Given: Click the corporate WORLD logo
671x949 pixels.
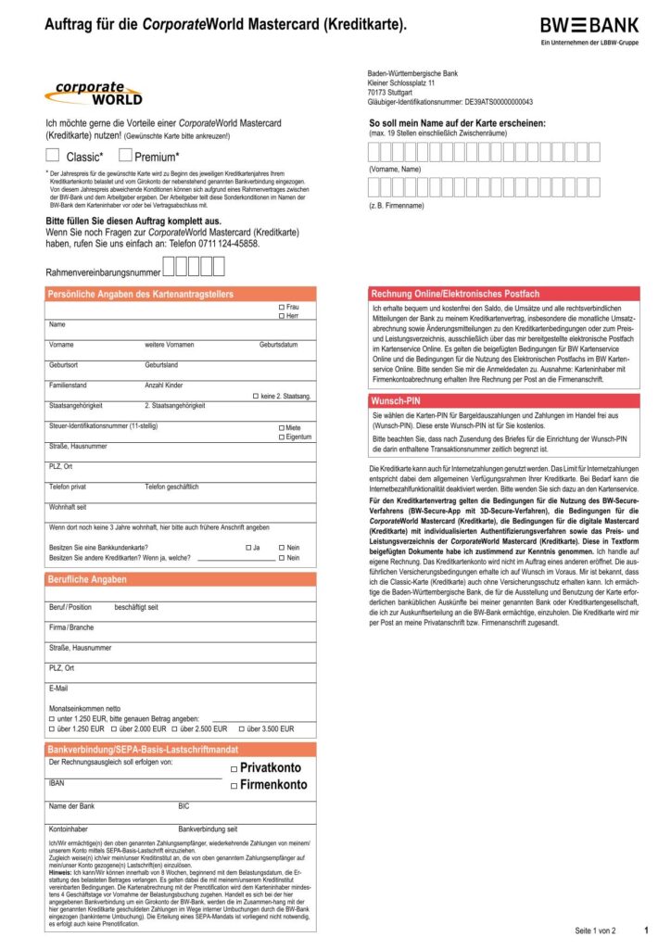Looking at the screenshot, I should coord(93,94).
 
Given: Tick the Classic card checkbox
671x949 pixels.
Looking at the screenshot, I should coord(53,155).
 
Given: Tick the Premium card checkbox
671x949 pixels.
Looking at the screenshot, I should coord(126,155).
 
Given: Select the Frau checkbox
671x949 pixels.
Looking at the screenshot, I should coord(282,307).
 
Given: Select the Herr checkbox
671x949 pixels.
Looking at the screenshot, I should coord(282,316).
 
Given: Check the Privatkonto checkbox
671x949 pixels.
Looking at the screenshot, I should coord(234,768).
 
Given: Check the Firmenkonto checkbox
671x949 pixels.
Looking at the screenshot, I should coord(234,786).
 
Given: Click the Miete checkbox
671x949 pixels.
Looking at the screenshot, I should coord(282,427).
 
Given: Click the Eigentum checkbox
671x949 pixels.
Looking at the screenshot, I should coord(282,437).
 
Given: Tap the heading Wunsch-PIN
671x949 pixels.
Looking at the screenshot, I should coord(399,400).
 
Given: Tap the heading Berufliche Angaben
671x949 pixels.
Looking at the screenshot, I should coord(87,579).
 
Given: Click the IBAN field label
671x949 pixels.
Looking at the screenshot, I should coord(57,783).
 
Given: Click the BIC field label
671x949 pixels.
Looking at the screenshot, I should coord(184,806).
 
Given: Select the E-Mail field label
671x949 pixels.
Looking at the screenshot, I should coord(58,688).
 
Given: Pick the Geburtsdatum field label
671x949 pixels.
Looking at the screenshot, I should coord(278,345).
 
